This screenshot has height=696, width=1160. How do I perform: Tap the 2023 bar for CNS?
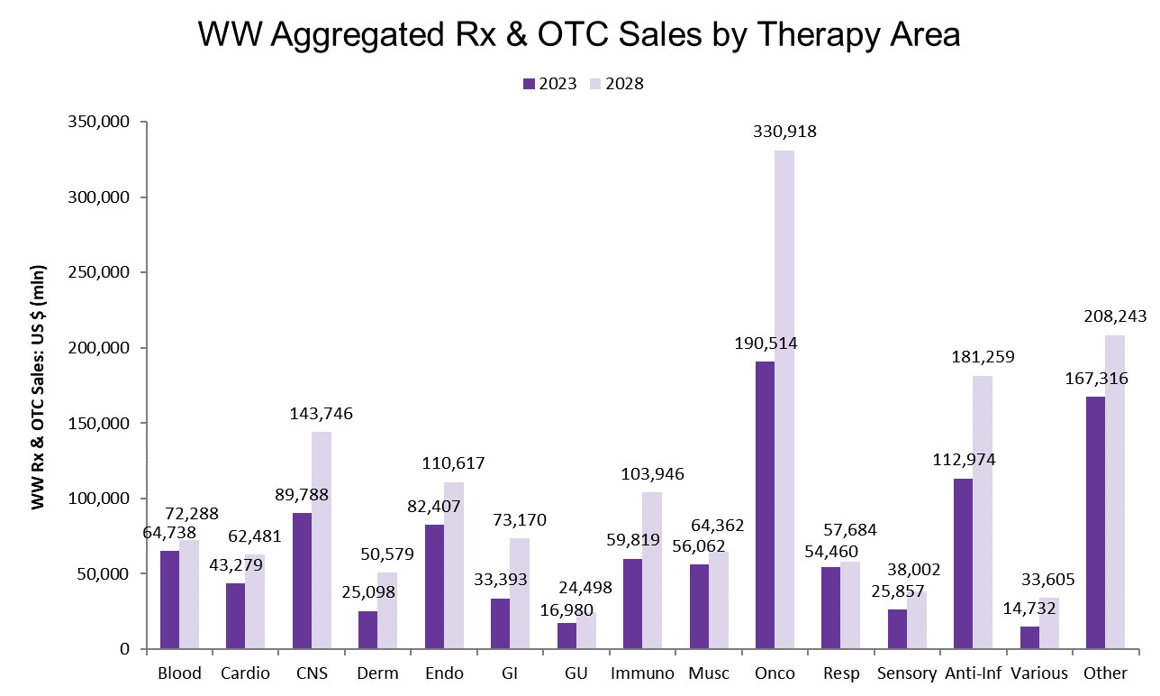pos(302,581)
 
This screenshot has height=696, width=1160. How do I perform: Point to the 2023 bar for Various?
pos(1029,637)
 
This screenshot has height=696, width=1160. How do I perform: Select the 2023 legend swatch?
pos(529,84)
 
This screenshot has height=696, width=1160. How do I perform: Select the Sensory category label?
pos(907,673)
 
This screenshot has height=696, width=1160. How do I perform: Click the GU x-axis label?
pos(576,673)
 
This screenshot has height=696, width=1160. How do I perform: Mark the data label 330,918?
pos(784,132)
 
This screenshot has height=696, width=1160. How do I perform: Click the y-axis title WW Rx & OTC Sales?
pos(39,386)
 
